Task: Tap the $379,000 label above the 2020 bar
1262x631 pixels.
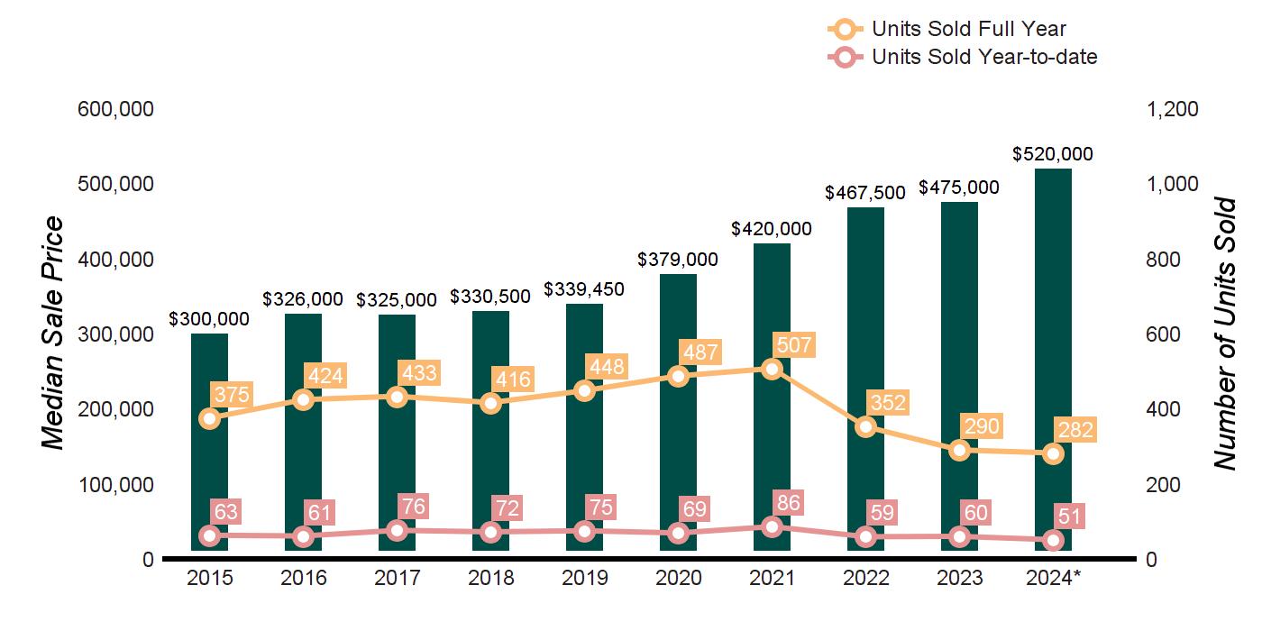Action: [678, 260]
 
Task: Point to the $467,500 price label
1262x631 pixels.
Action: [865, 193]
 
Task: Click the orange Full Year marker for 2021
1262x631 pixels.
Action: [772, 369]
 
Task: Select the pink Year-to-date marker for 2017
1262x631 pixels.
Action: [397, 530]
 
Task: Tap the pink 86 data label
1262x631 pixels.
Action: [789, 503]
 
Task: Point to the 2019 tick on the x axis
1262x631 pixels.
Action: [584, 578]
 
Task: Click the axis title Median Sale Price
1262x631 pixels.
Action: [54, 334]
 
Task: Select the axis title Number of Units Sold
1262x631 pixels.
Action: [1224, 334]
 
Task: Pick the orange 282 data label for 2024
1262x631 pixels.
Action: [1074, 430]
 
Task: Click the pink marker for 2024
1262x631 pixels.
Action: [1053, 540]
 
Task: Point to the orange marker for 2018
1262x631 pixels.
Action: [490, 403]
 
